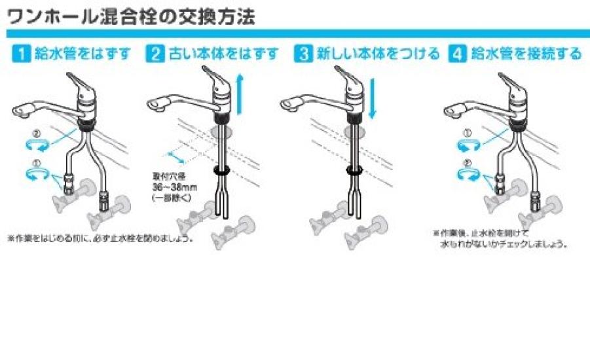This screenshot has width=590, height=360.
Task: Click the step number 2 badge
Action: point(156,54)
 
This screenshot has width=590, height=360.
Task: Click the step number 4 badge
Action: point(456,54)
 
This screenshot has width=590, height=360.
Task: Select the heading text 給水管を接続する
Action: point(524,54)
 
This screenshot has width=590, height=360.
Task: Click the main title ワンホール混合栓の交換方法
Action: point(131,16)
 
